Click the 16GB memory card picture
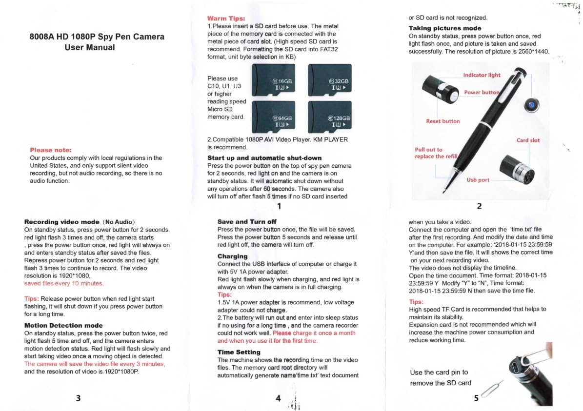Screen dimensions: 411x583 coord(273,81)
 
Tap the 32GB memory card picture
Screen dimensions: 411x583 coord(329,81)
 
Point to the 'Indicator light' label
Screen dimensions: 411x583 coord(482,75)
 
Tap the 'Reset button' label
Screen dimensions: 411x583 coord(442,121)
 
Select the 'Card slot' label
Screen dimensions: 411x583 coord(528,140)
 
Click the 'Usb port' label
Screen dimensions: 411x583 coord(478,180)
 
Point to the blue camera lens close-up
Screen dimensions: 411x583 coord(529,105)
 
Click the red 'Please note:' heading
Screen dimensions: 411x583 coord(51,150)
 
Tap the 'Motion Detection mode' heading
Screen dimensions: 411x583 coord(63,325)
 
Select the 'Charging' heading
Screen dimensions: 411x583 coord(232,256)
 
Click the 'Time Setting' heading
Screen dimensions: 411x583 coord(239,352)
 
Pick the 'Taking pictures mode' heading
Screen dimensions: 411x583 coord(444,28)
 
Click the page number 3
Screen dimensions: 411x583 coord(78,398)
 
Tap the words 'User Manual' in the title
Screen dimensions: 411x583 coord(90,47)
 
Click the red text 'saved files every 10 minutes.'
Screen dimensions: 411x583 coord(64,283)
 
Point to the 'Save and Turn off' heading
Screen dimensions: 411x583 coord(246,221)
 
